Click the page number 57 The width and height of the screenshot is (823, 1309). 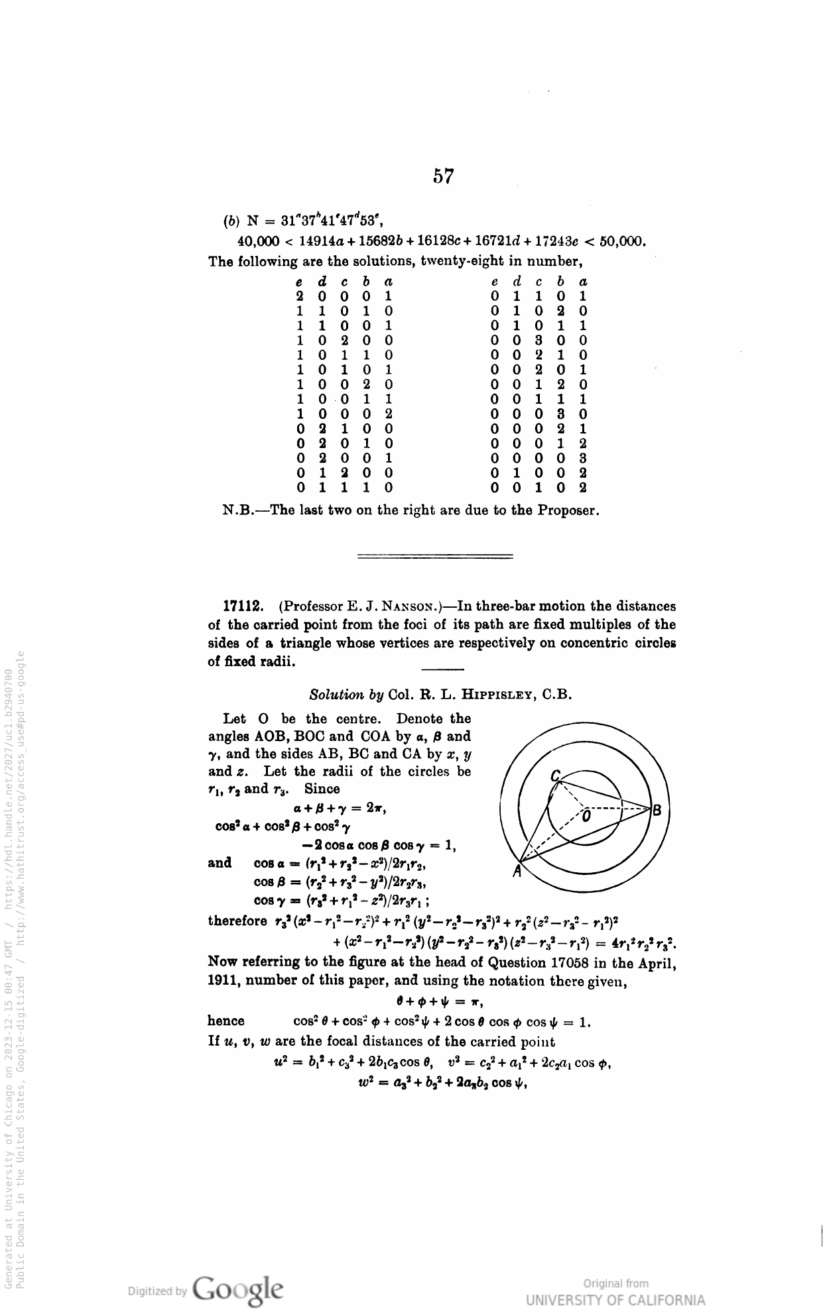(444, 176)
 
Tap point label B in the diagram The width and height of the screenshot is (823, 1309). (657, 810)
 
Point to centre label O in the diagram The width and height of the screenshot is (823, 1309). (586, 818)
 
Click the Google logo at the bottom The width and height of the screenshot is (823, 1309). (237, 1288)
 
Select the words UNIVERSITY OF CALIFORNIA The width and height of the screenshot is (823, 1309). (615, 1300)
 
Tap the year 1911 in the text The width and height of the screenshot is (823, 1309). (223, 981)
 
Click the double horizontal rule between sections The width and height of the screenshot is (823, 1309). (435, 555)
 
